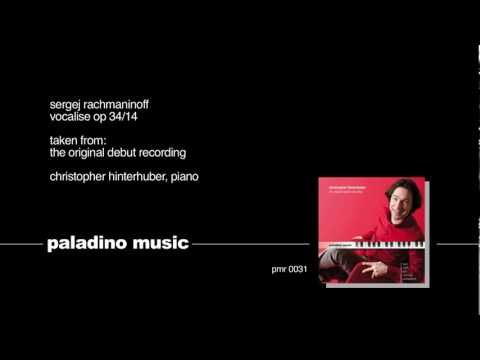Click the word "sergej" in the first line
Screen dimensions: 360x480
pyautogui.click(x=64, y=104)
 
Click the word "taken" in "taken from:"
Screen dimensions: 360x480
pyautogui.click(x=63, y=141)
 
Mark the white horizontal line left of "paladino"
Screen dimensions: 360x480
pyautogui.click(x=20, y=244)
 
